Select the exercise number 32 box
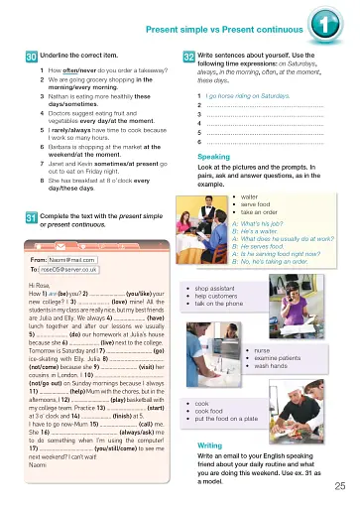pos(187,57)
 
